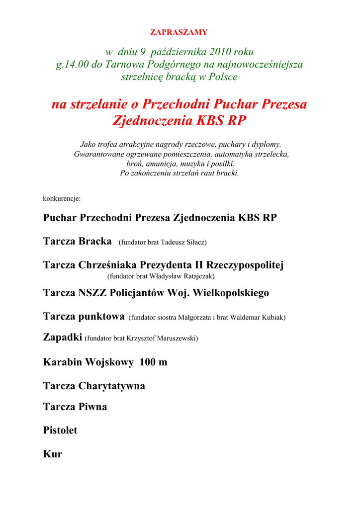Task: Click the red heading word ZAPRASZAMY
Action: [179, 32]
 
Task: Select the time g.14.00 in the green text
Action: [73, 64]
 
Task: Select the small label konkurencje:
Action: [62, 198]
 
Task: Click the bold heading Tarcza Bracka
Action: [77, 242]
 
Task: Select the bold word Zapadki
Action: [63, 338]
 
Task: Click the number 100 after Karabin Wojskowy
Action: [148, 362]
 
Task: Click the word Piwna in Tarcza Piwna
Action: [92, 407]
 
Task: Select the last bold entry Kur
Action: [53, 454]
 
